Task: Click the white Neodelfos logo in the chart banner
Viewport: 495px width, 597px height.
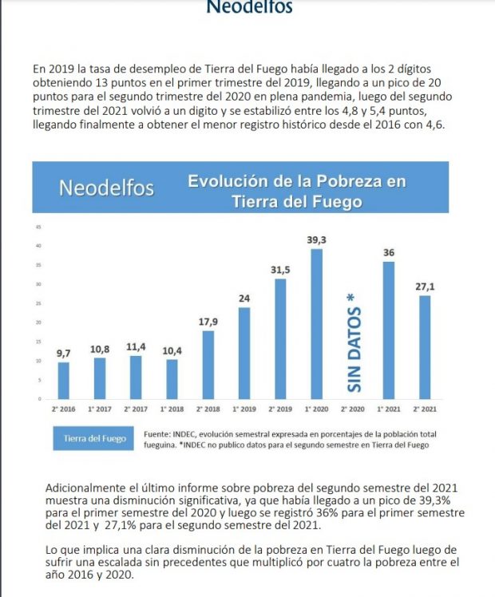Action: tap(106, 188)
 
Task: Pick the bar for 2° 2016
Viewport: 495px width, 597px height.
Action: tap(64, 380)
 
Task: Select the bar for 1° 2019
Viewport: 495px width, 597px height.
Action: tap(244, 352)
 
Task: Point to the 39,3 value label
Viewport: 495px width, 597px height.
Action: tap(317, 239)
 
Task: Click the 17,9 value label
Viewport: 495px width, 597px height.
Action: tap(208, 321)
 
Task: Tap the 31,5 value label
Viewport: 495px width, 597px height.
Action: tap(281, 270)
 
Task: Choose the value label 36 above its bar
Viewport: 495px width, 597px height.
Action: tap(390, 253)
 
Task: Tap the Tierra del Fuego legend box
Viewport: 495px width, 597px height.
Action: tap(94, 439)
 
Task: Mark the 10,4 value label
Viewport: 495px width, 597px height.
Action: tap(172, 350)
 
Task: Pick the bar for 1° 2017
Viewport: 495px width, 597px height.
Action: tap(100, 378)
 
